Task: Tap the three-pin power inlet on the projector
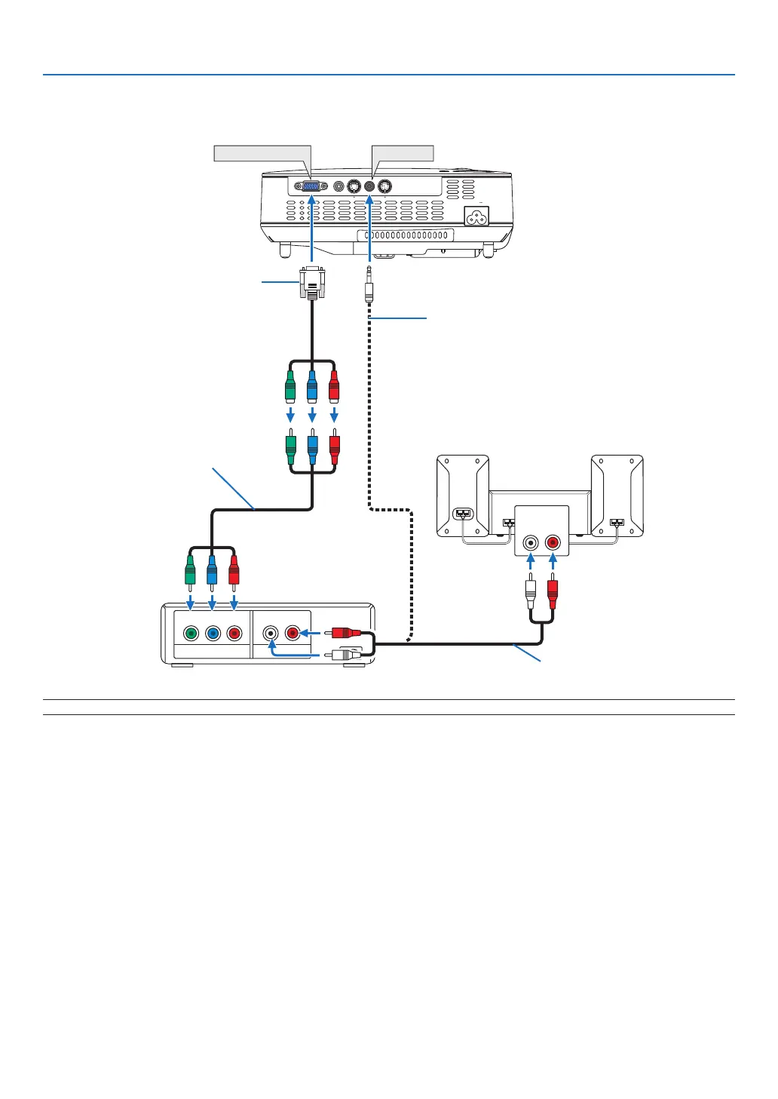(x=476, y=217)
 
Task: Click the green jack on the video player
(x=191, y=634)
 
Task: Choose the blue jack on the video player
(x=213, y=634)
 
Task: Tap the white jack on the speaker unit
(x=531, y=542)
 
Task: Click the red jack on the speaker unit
(x=553, y=542)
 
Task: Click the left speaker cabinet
(x=463, y=496)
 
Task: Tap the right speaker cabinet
(x=617, y=496)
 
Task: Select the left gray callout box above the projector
(x=262, y=153)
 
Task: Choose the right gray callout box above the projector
(x=403, y=153)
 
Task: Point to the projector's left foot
(x=285, y=248)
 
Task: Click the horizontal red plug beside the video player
(x=346, y=634)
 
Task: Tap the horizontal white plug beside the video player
(x=346, y=655)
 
